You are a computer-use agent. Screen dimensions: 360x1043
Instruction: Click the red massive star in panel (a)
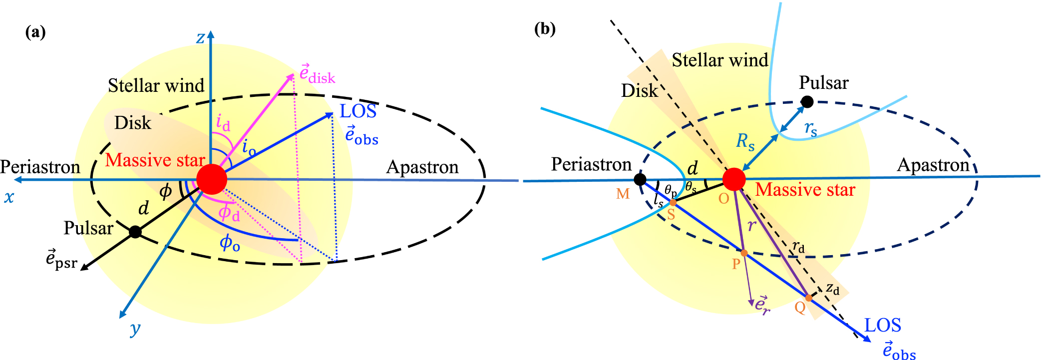click(x=212, y=179)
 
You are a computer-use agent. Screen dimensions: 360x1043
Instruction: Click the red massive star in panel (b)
click(x=734, y=179)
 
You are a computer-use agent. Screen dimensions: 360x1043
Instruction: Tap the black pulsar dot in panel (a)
click(x=135, y=232)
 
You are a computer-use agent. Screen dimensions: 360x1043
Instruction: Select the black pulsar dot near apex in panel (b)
click(x=807, y=102)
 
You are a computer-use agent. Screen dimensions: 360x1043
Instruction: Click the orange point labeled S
click(x=673, y=203)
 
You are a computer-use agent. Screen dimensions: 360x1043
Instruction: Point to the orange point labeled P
click(x=744, y=253)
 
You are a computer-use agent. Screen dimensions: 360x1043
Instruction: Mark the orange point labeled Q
click(x=808, y=298)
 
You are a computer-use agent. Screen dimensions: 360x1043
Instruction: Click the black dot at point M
click(x=640, y=180)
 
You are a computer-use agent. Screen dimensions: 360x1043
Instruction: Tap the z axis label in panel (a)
click(x=200, y=38)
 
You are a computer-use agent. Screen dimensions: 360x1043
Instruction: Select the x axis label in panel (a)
click(x=9, y=197)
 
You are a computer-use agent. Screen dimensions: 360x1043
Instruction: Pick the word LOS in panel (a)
click(x=358, y=111)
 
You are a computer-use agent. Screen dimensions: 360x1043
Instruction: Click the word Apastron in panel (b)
click(x=933, y=165)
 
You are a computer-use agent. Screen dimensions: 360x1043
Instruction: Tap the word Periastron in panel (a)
click(x=40, y=167)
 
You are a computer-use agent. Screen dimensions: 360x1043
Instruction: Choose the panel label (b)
click(x=545, y=29)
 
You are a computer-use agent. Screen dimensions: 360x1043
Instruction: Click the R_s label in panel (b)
click(x=745, y=142)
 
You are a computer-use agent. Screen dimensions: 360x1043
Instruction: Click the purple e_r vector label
click(x=762, y=304)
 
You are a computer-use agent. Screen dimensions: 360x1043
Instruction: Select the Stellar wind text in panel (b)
click(x=719, y=60)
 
